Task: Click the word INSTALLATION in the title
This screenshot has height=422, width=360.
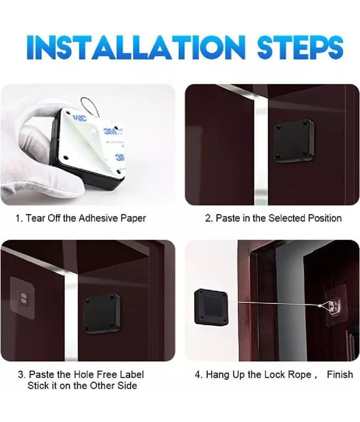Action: tap(136, 47)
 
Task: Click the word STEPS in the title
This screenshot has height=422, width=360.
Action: tap(300, 47)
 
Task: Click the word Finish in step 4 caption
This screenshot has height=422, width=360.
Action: tap(340, 375)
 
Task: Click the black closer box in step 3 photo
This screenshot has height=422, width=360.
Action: tap(101, 313)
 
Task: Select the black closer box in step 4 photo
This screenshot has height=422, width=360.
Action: tap(211, 307)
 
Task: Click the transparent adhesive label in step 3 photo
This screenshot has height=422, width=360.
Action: tap(22, 298)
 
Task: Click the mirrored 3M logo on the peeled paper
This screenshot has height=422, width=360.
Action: tap(79, 118)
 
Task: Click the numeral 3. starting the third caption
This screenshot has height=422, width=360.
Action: tap(22, 375)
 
